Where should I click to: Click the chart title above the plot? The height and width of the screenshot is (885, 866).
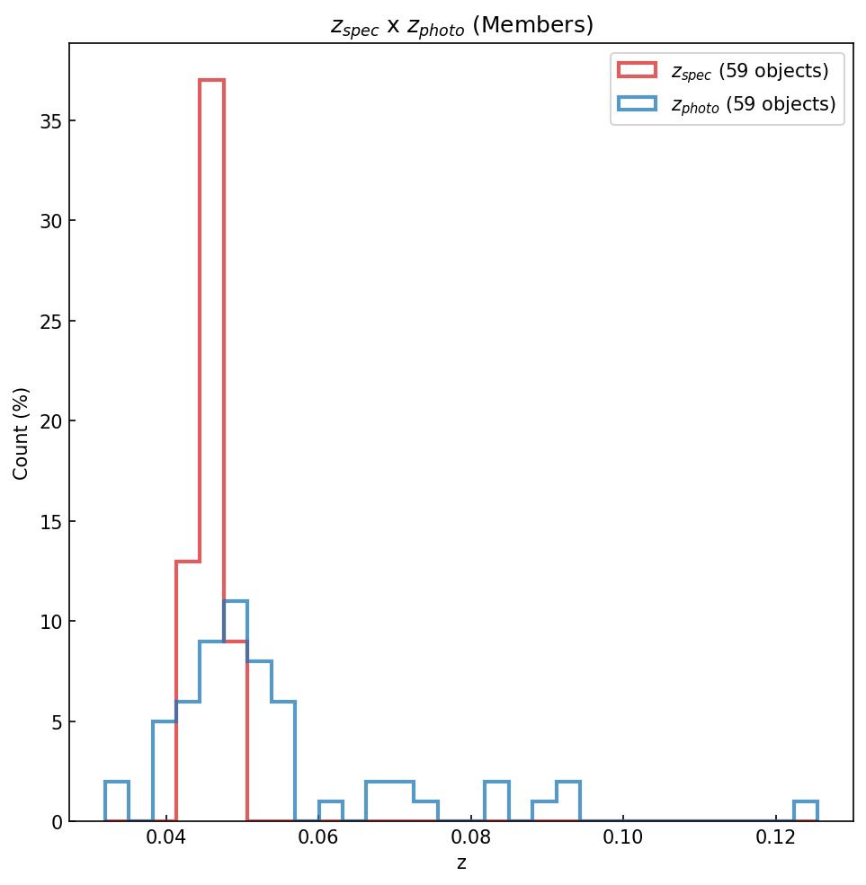(x=461, y=25)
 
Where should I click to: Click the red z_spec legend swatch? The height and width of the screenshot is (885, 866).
(x=637, y=70)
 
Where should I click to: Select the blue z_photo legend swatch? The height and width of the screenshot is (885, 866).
(x=637, y=104)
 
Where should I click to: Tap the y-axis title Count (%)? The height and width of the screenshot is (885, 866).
(x=21, y=433)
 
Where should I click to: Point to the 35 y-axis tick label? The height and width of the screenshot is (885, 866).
(x=50, y=120)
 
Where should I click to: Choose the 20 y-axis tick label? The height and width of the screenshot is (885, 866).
(x=50, y=421)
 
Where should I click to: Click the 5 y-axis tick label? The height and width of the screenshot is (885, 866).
(x=56, y=721)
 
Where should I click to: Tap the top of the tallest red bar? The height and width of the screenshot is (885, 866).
(x=211, y=80)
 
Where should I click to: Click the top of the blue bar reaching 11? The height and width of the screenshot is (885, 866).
(x=236, y=601)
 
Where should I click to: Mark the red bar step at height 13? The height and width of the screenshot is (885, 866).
(x=188, y=562)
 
